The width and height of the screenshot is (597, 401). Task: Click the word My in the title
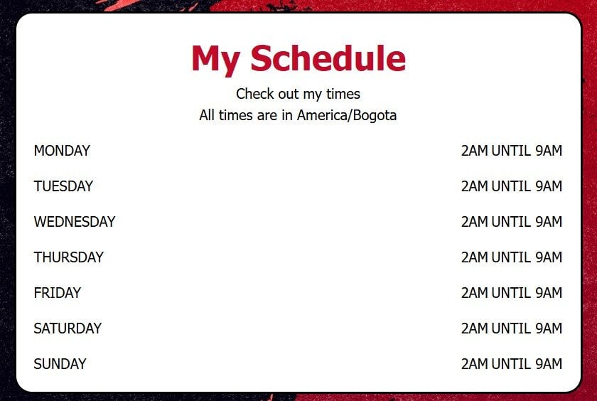tap(215, 60)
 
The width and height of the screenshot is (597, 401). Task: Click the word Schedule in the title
tap(328, 58)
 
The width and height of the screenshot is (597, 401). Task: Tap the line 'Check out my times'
tap(298, 94)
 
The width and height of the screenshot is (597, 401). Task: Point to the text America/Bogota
tap(347, 115)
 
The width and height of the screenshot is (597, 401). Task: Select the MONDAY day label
tap(62, 151)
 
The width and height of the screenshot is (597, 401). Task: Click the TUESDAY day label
tap(63, 186)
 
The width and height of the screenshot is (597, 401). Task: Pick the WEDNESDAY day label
tap(75, 222)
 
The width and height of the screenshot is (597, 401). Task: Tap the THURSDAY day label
tap(68, 257)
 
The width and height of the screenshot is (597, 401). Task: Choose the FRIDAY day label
tap(58, 293)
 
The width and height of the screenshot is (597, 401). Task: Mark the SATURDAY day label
tap(68, 328)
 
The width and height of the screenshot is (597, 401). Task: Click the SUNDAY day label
tap(60, 364)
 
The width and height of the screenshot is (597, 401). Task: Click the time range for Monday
tap(512, 151)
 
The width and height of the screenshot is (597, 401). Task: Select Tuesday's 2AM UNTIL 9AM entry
tap(512, 186)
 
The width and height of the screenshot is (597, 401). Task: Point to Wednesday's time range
tap(512, 222)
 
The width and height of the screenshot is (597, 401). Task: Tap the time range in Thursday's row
tap(512, 257)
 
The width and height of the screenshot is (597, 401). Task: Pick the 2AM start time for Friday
tap(475, 293)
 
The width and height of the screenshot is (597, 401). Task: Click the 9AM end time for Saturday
tap(549, 328)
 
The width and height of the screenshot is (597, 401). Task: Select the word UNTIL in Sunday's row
tap(511, 364)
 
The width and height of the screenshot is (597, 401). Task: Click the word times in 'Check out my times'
tap(343, 94)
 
